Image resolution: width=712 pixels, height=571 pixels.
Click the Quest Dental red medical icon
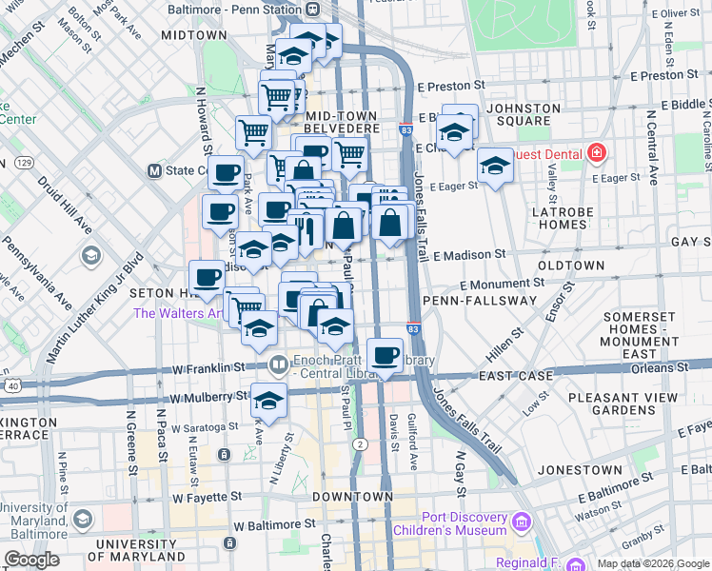coord(596,152)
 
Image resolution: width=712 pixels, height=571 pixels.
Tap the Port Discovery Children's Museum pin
coord(520,522)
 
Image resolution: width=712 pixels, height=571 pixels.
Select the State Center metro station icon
coord(154,170)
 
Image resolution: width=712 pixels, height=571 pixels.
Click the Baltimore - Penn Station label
coord(235,9)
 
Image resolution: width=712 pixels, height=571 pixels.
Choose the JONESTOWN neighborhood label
coord(572,469)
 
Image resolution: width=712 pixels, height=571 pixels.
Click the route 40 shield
coord(11,385)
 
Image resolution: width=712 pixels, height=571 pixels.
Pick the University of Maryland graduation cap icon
coord(82,519)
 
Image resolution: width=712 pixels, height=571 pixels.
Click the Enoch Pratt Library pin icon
coord(277,363)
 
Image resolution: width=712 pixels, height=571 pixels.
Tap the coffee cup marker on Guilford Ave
coord(385,357)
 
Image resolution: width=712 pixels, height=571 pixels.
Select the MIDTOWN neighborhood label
coord(193,34)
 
